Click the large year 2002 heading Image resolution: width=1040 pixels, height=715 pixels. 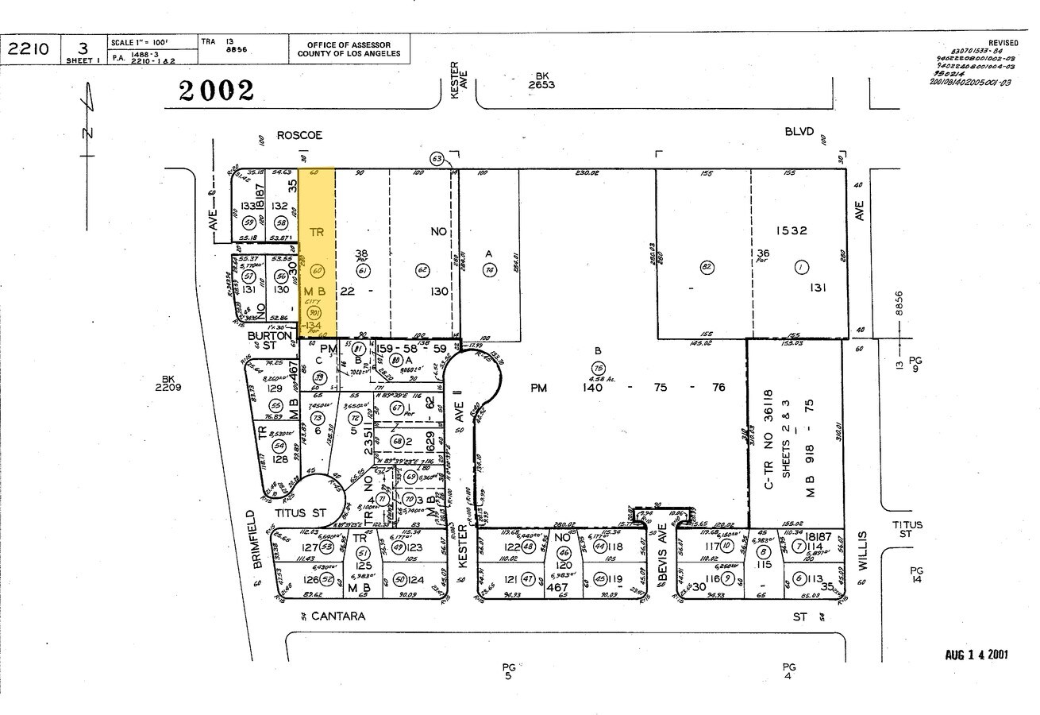click(x=217, y=91)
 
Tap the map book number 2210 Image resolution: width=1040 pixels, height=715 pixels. click(x=28, y=49)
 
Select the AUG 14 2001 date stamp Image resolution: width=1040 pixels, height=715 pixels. click(x=976, y=655)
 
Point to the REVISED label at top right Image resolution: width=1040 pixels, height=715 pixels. click(x=1003, y=43)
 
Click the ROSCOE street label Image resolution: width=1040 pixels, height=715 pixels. click(x=299, y=136)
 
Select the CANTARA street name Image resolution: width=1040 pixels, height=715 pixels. click(x=338, y=616)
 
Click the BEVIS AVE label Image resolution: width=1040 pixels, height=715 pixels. click(x=661, y=549)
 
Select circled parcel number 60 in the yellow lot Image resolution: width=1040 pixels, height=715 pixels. click(x=317, y=270)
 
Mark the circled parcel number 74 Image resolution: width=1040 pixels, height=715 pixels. click(x=488, y=269)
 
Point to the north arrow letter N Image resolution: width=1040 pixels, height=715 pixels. click(x=88, y=132)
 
